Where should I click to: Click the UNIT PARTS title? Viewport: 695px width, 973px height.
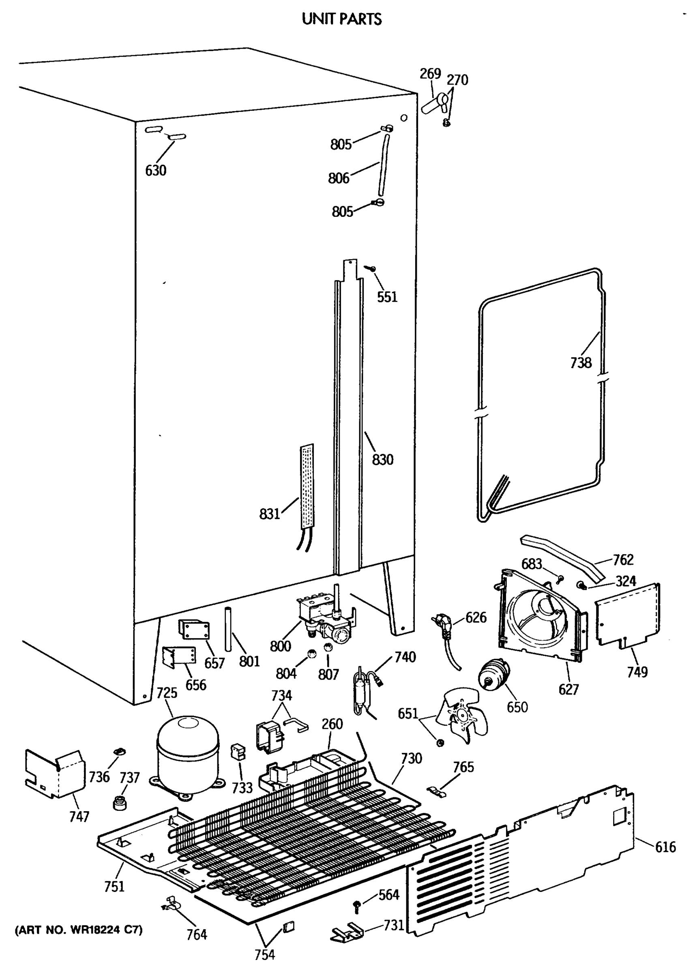tap(341, 19)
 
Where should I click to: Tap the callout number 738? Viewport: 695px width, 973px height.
tap(581, 363)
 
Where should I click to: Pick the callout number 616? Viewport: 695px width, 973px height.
tap(665, 847)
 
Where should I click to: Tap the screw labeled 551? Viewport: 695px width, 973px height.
tap(370, 268)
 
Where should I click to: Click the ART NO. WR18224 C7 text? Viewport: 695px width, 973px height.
tap(79, 930)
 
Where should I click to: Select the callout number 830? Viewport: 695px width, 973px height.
tap(382, 460)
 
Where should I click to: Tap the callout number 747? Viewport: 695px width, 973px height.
tap(79, 817)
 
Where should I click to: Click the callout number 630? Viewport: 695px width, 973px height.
tap(156, 170)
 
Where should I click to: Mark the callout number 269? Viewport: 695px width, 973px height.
tap(430, 74)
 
